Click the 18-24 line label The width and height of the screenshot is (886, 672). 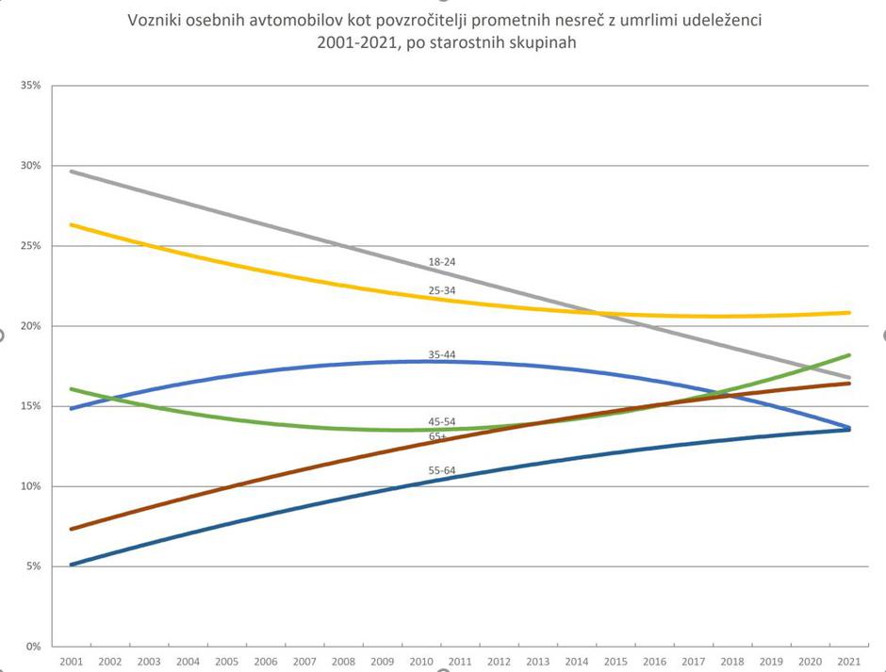coord(442,261)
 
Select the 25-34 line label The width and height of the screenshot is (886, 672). coord(442,290)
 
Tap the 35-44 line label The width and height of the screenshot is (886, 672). coord(442,354)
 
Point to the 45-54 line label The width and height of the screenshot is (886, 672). coord(442,421)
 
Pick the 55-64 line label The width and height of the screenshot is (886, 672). coord(442,468)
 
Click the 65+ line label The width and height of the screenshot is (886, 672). coord(438,436)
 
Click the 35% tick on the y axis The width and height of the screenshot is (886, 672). coord(31,86)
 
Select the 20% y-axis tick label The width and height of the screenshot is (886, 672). coord(31,326)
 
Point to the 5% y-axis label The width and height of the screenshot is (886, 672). coord(33,566)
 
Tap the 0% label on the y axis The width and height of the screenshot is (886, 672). coord(33,647)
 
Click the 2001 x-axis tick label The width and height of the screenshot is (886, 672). coord(71,663)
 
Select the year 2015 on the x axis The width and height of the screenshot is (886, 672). coord(615,663)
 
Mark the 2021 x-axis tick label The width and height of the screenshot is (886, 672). coord(850,663)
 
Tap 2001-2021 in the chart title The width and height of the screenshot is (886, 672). coord(354,42)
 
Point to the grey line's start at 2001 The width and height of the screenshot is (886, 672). coord(72,172)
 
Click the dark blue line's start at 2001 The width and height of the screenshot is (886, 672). coord(72,565)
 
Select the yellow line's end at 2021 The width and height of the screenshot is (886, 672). coord(849,312)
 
